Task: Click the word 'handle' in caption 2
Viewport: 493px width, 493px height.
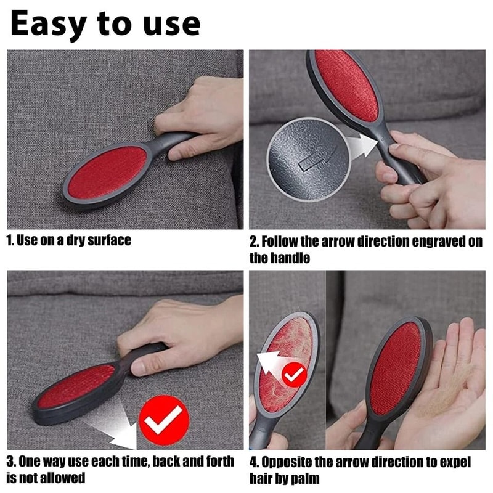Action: (x=290, y=258)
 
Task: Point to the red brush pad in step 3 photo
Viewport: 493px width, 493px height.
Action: (x=76, y=385)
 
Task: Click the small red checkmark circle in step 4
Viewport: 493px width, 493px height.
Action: (x=294, y=373)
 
